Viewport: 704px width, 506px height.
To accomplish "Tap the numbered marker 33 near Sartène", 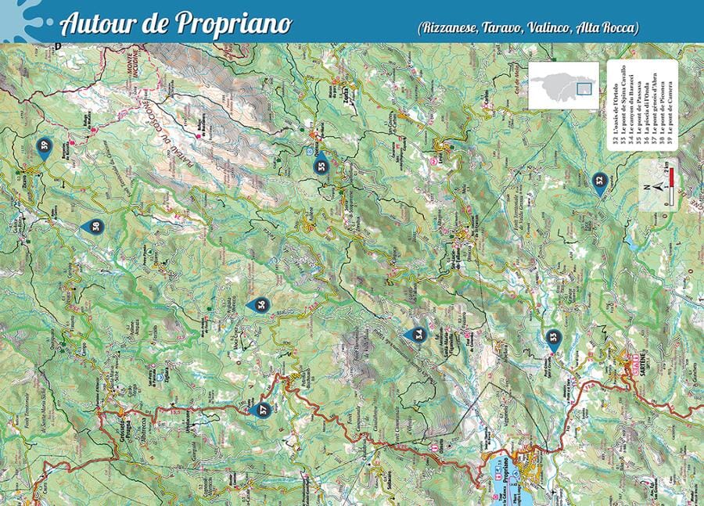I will coord(554,337).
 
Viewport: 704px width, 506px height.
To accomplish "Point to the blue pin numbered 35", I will coord(321,165).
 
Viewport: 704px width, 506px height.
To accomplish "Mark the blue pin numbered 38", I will coord(92,227).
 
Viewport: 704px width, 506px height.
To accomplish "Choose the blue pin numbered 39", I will coord(45,147).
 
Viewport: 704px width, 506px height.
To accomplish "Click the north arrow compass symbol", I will coord(658,186).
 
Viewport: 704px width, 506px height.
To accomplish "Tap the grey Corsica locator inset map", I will coord(563,84).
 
